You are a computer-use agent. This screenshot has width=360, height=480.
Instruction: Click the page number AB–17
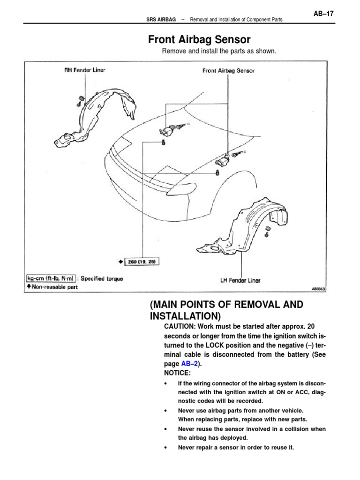[x=323, y=14]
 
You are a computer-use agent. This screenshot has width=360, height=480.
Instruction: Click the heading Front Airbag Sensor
[x=199, y=39]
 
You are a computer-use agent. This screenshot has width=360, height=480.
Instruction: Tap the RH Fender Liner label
[x=85, y=70]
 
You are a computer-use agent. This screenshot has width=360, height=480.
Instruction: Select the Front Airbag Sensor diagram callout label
[x=228, y=71]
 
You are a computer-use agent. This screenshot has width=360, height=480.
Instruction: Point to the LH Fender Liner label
[x=240, y=281]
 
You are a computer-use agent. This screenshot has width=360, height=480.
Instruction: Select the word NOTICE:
[x=165, y=373]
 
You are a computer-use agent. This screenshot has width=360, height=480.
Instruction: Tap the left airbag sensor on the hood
[x=168, y=129]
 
